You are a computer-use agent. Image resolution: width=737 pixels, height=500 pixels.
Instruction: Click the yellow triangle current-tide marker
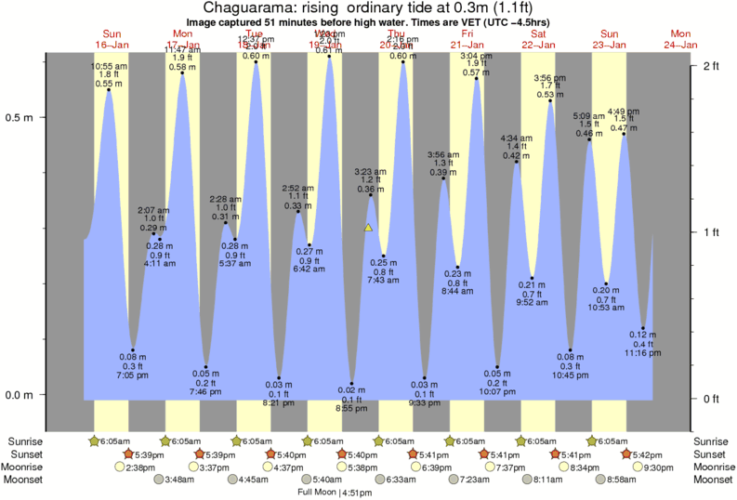click(x=369, y=228)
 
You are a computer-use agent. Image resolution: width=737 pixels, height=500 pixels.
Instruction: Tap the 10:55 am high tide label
click(x=110, y=66)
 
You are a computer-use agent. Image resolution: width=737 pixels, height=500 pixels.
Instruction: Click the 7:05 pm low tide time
click(x=133, y=375)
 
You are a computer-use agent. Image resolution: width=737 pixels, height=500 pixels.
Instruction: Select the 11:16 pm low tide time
click(x=643, y=354)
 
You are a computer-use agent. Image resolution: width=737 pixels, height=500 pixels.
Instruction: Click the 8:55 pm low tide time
click(x=351, y=408)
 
